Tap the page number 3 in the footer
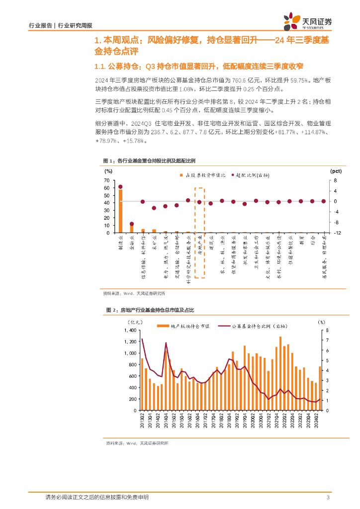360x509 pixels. coord(328,498)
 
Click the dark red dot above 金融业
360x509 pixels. coord(132,224)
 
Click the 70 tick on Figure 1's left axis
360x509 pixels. coord(106,180)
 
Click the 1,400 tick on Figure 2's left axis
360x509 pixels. coord(129,330)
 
